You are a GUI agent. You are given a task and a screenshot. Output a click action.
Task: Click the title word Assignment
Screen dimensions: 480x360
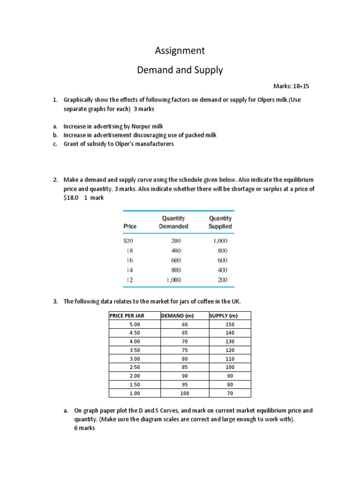pos(180,50)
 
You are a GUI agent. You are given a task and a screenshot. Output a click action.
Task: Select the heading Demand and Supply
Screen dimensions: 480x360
pos(180,70)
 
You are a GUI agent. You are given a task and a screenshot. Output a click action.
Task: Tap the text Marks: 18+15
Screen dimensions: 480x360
pos(291,87)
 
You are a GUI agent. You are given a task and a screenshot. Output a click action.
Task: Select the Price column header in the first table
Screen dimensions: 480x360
pos(130,226)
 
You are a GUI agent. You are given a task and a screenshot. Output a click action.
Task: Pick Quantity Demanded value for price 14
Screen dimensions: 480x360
pos(173,270)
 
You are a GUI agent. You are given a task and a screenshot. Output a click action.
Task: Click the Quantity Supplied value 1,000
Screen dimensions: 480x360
pos(220,240)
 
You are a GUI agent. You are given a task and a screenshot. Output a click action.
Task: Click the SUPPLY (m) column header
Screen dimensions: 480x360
pos(223,316)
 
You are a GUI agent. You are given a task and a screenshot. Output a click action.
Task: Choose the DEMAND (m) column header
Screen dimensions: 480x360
pos(177,316)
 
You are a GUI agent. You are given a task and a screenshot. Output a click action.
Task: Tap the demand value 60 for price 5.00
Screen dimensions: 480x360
pos(183,324)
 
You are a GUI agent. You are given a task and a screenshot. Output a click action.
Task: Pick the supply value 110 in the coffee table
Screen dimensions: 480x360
pos(229,359)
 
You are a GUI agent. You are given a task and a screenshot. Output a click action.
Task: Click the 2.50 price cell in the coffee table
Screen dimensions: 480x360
pos(135,367)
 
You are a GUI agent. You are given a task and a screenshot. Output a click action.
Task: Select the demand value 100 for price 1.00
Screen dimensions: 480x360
pos(183,393)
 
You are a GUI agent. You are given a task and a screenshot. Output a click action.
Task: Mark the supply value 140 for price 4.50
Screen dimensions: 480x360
pos(229,333)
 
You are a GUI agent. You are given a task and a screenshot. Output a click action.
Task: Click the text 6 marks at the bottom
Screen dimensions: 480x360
pos(84,428)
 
